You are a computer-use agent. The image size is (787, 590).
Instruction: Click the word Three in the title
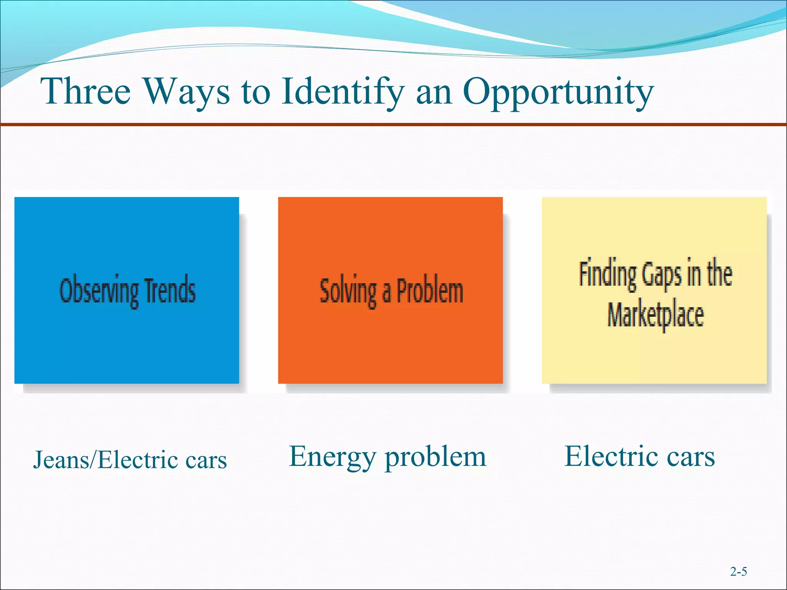click(x=86, y=91)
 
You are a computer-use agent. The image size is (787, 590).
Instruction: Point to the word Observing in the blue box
click(x=98, y=291)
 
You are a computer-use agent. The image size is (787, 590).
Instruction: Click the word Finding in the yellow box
click(x=608, y=274)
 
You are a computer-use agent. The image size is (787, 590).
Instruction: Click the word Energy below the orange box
click(x=332, y=457)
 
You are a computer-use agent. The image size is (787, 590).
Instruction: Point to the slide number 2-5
click(x=738, y=572)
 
